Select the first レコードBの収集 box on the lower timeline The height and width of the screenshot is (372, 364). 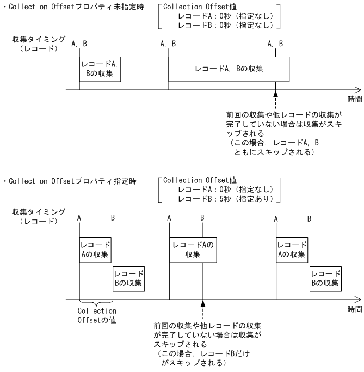point(128,278)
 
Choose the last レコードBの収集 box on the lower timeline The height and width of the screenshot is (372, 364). point(325,278)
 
